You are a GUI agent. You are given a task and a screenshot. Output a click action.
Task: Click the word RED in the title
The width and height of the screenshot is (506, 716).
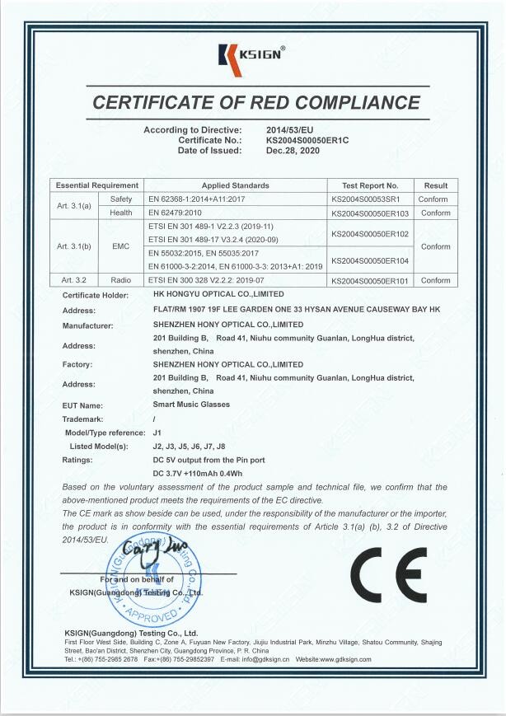(257, 103)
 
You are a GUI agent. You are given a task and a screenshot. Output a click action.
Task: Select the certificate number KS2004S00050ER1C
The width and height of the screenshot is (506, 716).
(307, 140)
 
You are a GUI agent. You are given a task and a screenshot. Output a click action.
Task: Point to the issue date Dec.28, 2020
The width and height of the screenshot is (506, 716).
(292, 150)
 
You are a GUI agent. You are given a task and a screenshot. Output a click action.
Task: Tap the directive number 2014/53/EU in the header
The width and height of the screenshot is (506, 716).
(289, 130)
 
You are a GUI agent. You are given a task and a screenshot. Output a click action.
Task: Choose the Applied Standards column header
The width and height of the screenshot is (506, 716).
(235, 185)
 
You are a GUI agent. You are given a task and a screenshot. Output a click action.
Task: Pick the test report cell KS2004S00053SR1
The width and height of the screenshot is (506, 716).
(365, 199)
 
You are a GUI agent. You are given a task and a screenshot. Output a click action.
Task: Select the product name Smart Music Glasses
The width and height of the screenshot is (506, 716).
(191, 405)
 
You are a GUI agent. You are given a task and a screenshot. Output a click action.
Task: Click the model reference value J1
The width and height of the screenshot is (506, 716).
(157, 432)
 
